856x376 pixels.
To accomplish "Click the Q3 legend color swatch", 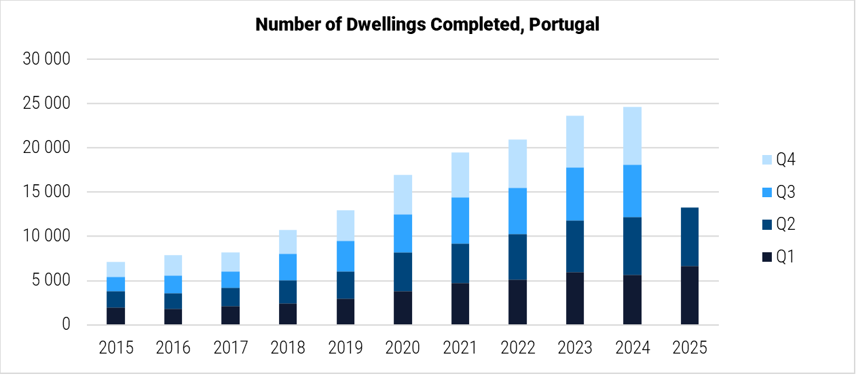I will (x=767, y=192).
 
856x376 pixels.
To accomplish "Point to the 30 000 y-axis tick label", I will (x=45, y=59).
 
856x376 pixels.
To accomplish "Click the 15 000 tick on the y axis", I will (x=45, y=192).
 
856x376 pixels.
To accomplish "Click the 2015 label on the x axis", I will (x=116, y=348).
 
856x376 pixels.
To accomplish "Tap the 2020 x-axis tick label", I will (x=403, y=348).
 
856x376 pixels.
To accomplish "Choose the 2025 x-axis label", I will (x=689, y=348).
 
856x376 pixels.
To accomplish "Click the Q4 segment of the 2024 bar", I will (x=632, y=136).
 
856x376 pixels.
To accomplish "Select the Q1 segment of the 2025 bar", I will (x=689, y=295).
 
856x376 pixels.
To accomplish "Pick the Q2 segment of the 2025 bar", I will (x=689, y=237).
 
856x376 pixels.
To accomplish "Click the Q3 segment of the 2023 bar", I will (x=575, y=194).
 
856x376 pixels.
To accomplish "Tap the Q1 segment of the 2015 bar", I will (x=116, y=316).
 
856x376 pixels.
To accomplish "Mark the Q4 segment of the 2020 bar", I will (x=403, y=194).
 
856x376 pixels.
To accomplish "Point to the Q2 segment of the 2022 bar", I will (x=517, y=257).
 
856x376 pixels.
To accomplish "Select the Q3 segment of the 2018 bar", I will (x=288, y=267).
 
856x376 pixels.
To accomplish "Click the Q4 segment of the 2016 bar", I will (x=173, y=265).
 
